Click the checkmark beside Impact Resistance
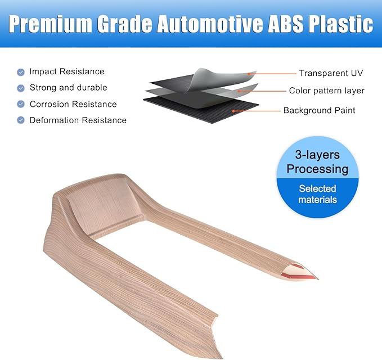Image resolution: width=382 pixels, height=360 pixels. (21, 72)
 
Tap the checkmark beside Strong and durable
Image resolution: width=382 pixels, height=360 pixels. (21, 88)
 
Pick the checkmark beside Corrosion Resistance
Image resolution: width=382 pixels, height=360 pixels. (21, 104)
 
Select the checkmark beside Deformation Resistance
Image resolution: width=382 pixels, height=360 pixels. (21, 120)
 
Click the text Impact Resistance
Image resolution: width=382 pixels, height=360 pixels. (67, 71)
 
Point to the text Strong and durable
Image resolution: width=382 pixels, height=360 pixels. (68, 88)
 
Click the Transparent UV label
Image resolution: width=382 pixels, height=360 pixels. (331, 73)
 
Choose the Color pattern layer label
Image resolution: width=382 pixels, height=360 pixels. (326, 91)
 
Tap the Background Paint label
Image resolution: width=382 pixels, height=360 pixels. (319, 111)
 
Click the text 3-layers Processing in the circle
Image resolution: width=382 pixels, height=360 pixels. (317, 161)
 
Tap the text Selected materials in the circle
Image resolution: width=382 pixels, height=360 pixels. (317, 194)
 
